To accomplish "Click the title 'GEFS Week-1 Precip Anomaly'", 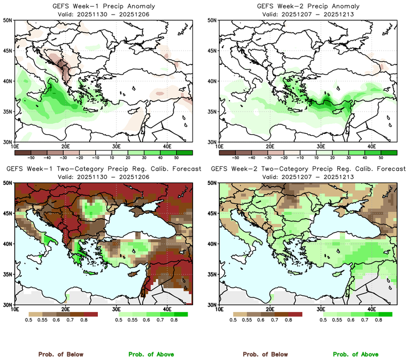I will [x=103, y=6].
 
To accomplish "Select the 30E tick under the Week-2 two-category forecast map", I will [x=321, y=309].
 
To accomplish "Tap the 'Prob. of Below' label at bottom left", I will [x=60, y=354].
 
